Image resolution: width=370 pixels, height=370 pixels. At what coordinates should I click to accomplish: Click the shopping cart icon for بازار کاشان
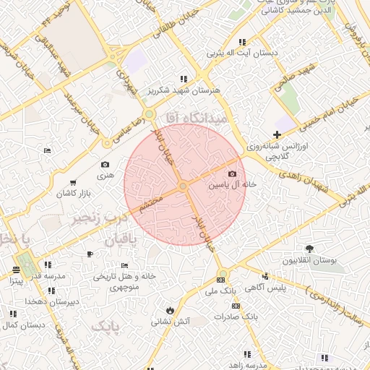pyautogui.click(x=73, y=182)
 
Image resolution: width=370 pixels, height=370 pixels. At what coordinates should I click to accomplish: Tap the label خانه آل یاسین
pyautogui.click(x=233, y=185)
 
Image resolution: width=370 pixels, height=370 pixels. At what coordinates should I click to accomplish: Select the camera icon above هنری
pyautogui.click(x=106, y=165)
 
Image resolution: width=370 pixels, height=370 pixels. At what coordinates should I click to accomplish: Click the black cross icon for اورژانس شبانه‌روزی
pyautogui.click(x=277, y=134)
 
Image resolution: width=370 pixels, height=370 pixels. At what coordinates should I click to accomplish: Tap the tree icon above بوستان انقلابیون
pyautogui.click(x=310, y=249)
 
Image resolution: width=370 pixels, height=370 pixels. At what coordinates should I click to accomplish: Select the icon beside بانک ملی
pyautogui.click(x=220, y=280)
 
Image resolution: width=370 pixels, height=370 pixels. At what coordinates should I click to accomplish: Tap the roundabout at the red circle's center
pyautogui.click(x=184, y=186)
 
